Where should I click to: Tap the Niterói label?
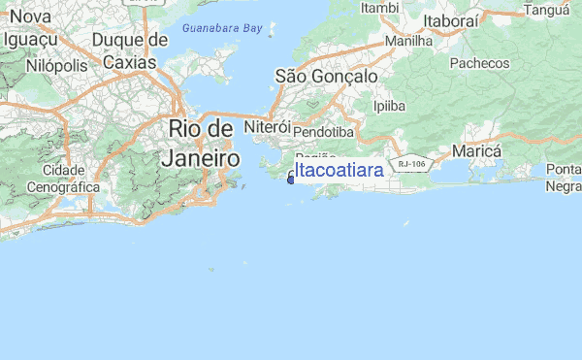tap(268, 127)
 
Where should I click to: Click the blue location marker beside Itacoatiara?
tap(291, 178)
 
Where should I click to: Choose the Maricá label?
tap(476, 152)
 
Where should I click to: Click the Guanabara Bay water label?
tap(222, 30)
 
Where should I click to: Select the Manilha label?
tap(408, 42)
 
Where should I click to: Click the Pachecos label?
tap(479, 63)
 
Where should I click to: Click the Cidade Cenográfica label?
tap(63, 179)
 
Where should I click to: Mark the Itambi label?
tap(379, 8)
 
